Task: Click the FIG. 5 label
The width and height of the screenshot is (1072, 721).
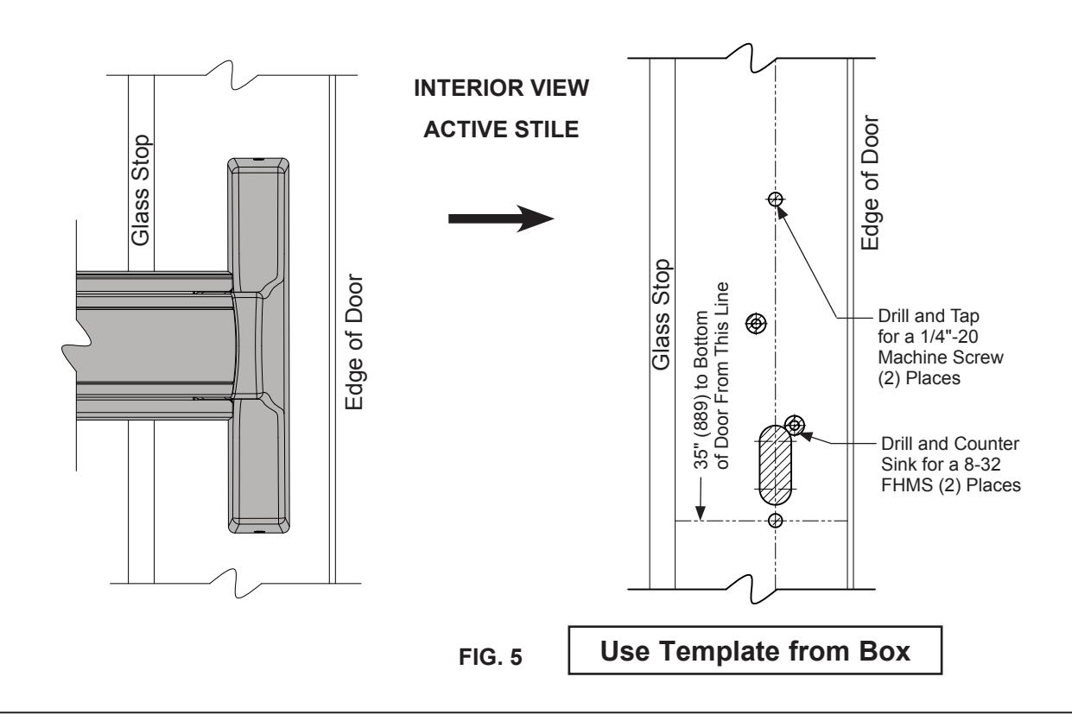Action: click(490, 656)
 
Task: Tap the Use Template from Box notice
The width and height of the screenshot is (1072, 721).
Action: click(755, 650)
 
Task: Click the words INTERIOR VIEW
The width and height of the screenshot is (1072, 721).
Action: click(501, 88)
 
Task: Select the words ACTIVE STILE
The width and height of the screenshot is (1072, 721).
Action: click(501, 130)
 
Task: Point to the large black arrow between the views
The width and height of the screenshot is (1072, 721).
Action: click(501, 218)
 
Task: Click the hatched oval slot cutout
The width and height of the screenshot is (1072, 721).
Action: click(776, 465)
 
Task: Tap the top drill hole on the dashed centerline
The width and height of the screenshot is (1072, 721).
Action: click(776, 199)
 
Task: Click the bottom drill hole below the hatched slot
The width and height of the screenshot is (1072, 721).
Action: click(776, 520)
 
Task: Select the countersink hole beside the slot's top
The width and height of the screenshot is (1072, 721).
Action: click(795, 425)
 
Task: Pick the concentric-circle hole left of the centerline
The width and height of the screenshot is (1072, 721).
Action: click(756, 324)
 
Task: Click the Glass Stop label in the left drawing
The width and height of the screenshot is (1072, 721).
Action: click(141, 191)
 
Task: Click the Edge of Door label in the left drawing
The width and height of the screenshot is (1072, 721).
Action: click(355, 342)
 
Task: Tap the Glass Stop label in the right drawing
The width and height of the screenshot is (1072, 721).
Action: click(661, 315)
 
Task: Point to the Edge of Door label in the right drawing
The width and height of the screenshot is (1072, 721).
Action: click(870, 182)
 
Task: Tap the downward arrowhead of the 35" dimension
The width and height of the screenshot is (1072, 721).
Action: click(701, 513)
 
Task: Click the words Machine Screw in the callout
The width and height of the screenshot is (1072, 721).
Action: click(941, 357)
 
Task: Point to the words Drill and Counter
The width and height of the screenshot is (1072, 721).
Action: click(950, 444)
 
